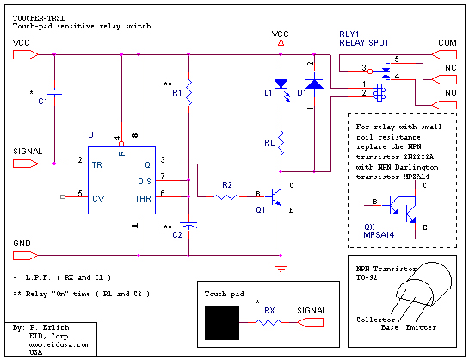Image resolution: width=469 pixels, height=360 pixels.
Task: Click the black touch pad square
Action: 222,323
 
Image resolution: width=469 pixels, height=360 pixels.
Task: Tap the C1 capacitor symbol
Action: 54,92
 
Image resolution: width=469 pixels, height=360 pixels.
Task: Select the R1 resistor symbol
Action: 188,92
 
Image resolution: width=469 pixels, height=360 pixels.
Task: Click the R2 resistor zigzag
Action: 225,196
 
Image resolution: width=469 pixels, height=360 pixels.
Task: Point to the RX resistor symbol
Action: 268,322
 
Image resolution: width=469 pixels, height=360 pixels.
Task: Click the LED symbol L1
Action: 281,90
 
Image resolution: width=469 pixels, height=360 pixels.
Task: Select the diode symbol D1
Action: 314,84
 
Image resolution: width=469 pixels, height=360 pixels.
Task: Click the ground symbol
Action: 281,267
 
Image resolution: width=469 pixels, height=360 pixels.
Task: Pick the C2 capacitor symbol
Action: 188,226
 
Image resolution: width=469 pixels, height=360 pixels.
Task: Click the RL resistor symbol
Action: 281,143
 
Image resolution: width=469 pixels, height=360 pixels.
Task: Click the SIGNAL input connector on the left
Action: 26,164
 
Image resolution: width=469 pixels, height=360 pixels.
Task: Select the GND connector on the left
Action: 26,256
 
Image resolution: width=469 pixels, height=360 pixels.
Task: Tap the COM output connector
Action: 444,55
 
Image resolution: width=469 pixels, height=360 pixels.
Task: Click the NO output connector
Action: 444,105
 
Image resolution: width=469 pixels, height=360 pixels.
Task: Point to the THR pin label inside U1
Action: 143,198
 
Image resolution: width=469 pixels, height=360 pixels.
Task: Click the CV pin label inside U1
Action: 98,198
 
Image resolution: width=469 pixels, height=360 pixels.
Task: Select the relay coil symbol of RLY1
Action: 380,92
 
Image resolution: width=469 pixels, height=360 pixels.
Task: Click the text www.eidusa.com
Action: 59,344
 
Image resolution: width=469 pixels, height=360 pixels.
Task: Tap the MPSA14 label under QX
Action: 379,234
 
